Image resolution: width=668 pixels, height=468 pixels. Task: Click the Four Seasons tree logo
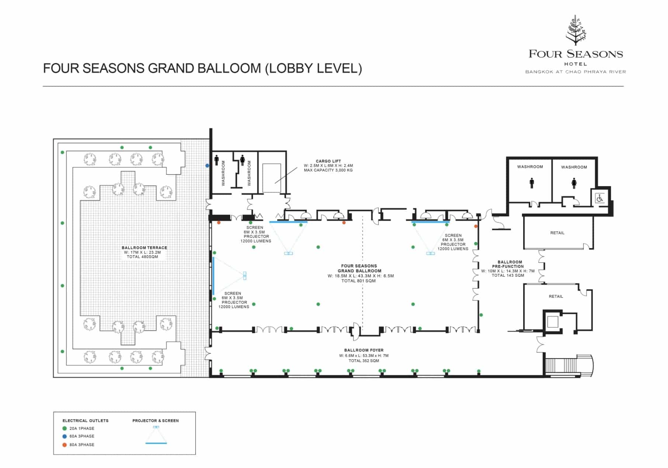tap(576, 30)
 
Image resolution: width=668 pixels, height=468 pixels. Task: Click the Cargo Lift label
tap(328, 161)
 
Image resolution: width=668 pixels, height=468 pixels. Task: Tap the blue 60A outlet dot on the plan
tap(207, 166)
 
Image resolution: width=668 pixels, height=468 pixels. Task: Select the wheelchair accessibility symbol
tap(600, 198)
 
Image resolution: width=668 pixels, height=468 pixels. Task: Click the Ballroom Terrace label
tap(144, 248)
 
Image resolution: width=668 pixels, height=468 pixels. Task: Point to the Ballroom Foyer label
tap(364, 350)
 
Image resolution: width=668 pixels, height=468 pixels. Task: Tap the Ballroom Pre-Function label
tap(508, 264)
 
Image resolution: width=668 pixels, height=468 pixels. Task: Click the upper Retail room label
tap(557, 233)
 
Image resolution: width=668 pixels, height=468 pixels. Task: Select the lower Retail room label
tap(556, 296)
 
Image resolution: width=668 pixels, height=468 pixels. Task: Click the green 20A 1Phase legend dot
tap(65, 428)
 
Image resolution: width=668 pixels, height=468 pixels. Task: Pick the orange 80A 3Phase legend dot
tap(65, 445)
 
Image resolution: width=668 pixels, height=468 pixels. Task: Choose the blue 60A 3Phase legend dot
tap(65, 436)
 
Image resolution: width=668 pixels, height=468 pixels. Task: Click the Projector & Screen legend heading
tap(156, 420)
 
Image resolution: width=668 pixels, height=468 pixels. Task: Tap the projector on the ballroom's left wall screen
tap(244, 276)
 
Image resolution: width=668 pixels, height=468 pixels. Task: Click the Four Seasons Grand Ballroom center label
tap(359, 268)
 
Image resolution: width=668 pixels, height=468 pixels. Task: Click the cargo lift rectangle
tap(272, 178)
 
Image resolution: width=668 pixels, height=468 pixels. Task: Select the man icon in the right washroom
tap(532, 183)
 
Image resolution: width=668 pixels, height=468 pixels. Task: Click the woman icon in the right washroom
tap(574, 183)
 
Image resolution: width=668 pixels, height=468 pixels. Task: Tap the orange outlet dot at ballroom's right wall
tap(476, 226)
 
